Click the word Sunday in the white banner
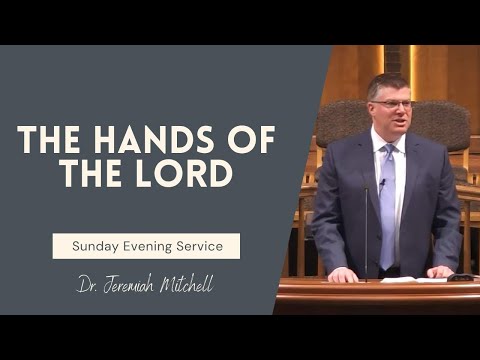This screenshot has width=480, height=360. click(x=97, y=244)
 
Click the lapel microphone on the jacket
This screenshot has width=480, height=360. click(x=381, y=184)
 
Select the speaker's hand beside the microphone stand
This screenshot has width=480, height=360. click(x=344, y=273)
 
